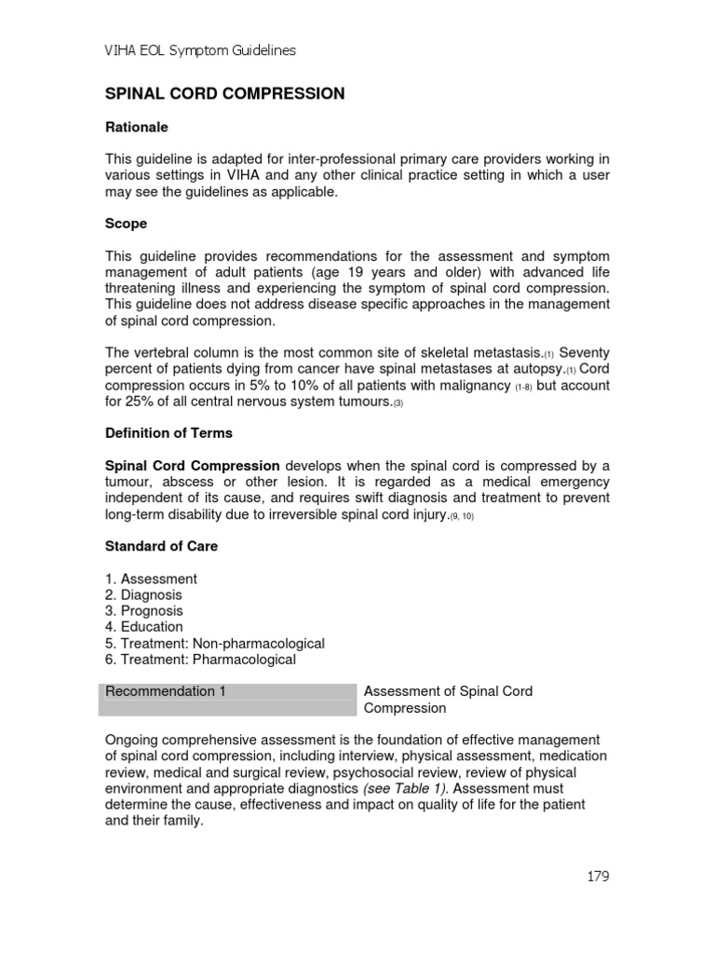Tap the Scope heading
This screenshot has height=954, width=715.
[126, 225]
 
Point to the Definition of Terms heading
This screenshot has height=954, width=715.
[169, 433]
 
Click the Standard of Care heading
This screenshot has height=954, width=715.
[162, 546]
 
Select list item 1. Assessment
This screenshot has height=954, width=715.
[151, 579]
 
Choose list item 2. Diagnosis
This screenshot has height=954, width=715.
[144, 594]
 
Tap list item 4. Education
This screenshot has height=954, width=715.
[144, 627]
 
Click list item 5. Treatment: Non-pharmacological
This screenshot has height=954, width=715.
[215, 643]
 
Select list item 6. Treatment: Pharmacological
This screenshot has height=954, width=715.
[200, 659]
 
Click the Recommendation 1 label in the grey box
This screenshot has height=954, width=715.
[166, 691]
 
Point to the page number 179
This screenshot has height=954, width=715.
[598, 876]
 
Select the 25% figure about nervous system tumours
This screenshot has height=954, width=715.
[142, 402]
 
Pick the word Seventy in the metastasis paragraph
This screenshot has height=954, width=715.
[584, 353]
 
